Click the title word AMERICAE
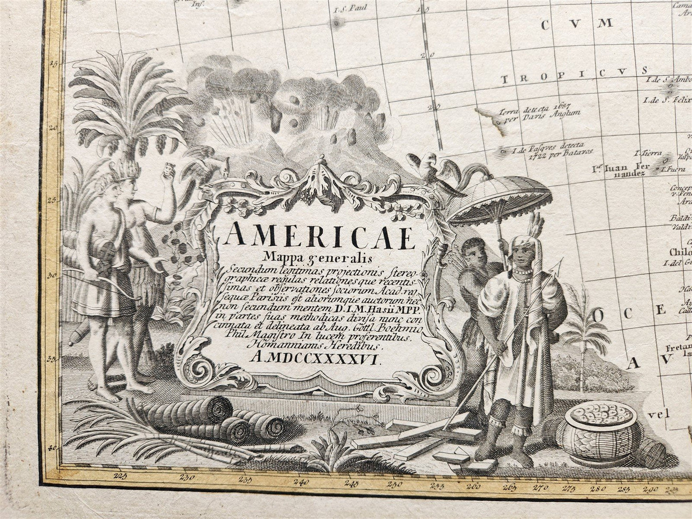(320, 236)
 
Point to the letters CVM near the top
(578, 24)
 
